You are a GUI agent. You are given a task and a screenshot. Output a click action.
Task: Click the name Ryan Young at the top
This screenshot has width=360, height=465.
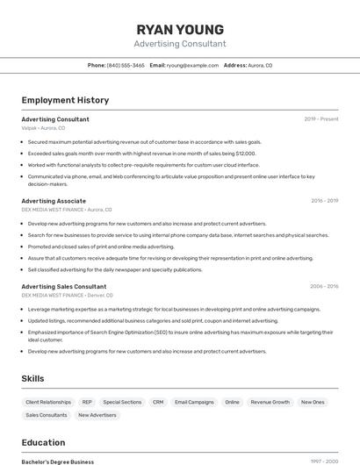point(180,29)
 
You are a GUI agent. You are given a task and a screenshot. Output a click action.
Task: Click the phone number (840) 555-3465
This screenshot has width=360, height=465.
point(126,65)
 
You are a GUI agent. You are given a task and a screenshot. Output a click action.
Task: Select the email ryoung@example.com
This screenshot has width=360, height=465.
point(192,65)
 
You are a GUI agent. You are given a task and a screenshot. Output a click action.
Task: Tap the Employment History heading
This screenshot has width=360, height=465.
point(65,100)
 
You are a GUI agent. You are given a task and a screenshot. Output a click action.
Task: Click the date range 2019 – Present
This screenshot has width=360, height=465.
point(321,119)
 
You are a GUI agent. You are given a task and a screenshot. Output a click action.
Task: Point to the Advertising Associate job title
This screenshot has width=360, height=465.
point(54,201)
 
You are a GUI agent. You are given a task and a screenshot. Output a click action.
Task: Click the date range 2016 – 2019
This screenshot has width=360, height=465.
point(324,201)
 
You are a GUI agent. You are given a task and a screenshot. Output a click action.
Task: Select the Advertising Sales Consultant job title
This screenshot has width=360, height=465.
point(64,286)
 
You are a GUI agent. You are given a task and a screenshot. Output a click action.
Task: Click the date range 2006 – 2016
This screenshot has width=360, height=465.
point(324,286)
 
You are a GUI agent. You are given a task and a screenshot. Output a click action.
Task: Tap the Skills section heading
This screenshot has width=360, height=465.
point(33,378)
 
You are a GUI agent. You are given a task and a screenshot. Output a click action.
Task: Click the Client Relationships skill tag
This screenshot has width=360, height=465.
point(48,402)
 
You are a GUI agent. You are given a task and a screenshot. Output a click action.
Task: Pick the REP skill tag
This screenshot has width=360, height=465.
point(87,402)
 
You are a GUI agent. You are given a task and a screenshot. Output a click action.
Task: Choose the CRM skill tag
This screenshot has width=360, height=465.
point(158,402)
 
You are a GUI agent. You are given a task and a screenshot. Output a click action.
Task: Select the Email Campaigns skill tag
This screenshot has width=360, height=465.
point(194,402)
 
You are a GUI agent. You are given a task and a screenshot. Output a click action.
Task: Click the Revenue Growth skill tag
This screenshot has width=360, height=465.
point(270,402)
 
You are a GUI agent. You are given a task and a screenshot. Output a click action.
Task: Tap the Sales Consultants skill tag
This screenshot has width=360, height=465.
point(47,415)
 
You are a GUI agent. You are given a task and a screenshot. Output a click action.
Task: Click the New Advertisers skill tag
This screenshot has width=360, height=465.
point(97,415)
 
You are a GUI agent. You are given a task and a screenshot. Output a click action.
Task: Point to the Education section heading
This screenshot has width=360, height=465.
point(43,442)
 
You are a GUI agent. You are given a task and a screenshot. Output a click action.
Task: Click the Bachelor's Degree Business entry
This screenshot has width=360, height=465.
point(58,461)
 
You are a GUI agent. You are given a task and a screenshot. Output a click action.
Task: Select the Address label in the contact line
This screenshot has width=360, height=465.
point(235,65)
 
